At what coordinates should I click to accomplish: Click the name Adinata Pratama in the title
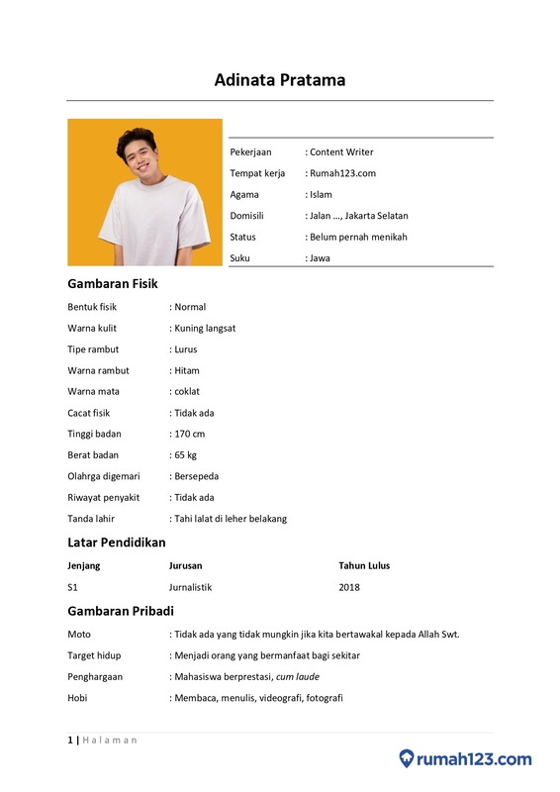pyautogui.click(x=280, y=80)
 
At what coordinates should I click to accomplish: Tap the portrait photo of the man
pyautogui.click(x=144, y=192)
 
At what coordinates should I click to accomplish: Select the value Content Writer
pyautogui.click(x=341, y=152)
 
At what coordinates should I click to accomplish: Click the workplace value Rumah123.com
pyautogui.click(x=342, y=173)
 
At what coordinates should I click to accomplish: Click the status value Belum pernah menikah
pyautogui.click(x=358, y=237)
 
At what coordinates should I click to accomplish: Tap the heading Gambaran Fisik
pyautogui.click(x=112, y=283)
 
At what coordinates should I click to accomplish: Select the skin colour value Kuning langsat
pyautogui.click(x=205, y=328)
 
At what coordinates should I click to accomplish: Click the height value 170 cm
pyautogui.click(x=190, y=434)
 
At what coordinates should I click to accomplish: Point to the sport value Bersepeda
pyautogui.click(x=197, y=476)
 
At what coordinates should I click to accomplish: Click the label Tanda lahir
pyautogui.click(x=91, y=519)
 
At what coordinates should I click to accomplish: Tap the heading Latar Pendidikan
pyautogui.click(x=116, y=543)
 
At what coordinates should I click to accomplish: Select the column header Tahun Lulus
pyautogui.click(x=364, y=566)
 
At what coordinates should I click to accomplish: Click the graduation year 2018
pyautogui.click(x=349, y=587)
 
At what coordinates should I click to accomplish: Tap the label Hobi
pyautogui.click(x=78, y=698)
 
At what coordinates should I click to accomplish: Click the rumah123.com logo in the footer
pyautogui.click(x=465, y=759)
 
